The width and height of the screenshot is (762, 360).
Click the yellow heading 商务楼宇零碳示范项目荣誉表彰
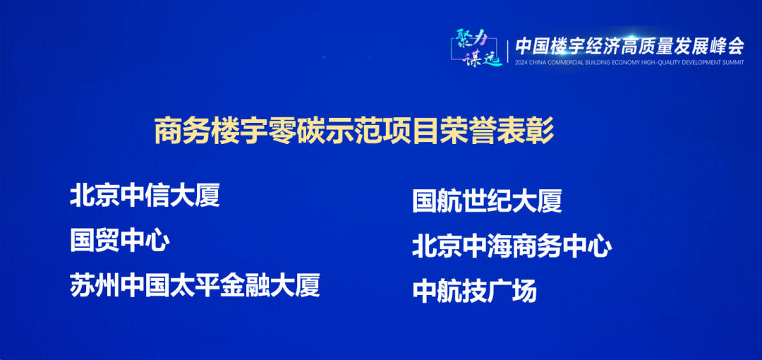(x=354, y=131)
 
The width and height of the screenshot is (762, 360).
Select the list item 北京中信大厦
(x=145, y=195)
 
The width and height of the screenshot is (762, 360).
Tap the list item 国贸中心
(x=119, y=240)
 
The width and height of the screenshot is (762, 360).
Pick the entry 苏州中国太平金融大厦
(x=195, y=285)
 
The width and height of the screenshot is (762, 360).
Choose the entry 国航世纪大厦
(x=487, y=201)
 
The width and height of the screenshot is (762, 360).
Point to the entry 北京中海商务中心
(x=512, y=246)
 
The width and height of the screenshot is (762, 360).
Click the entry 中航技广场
(x=474, y=291)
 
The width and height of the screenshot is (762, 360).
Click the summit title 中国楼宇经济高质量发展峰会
(x=630, y=46)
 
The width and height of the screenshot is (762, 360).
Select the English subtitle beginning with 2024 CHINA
(x=630, y=62)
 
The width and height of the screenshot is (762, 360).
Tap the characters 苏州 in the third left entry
(x=95, y=285)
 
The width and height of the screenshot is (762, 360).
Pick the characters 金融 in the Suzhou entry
(x=244, y=285)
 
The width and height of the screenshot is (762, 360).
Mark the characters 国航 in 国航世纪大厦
(x=437, y=201)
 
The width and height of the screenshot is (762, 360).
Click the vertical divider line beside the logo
(x=508, y=49)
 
